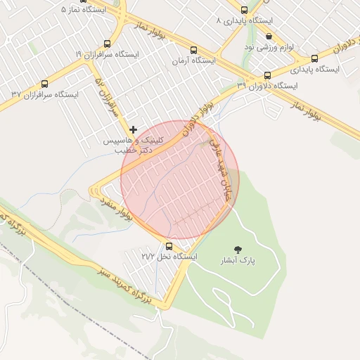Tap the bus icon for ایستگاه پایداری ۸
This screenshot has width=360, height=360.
tap(244, 10)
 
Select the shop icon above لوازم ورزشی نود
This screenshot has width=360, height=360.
tap(269, 36)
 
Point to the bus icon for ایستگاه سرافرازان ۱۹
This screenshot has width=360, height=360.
tap(107, 44)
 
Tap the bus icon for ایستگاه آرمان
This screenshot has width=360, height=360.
tap(193, 50)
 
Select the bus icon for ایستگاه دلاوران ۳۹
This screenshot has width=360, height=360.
tap(267, 75)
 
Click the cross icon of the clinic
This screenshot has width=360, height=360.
tap(134, 129)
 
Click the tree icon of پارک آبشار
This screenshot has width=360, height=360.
tap(238, 249)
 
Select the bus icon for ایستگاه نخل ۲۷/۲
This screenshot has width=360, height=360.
tap(169, 245)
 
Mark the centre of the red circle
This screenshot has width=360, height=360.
tap(180, 179)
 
